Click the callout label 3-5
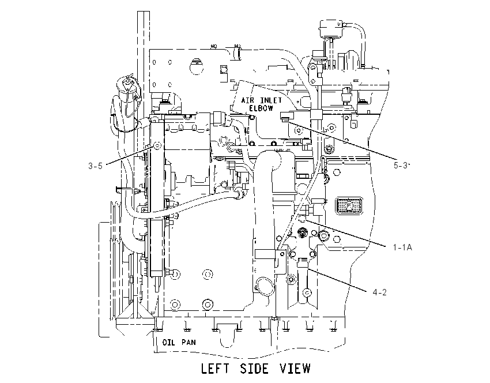95,166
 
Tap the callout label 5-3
401,165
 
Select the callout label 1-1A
402,247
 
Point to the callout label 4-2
380,292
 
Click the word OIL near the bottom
169,343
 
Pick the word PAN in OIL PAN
189,343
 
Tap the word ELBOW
261,108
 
